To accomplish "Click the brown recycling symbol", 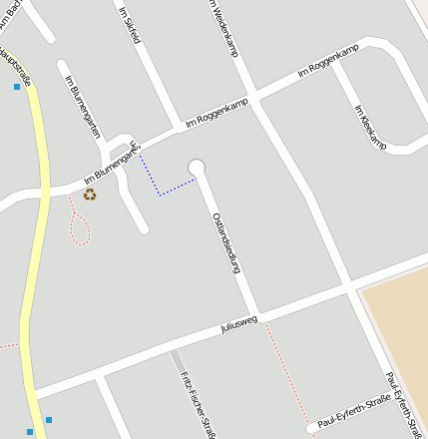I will point(90,195).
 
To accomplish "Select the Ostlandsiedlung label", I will point(227,244).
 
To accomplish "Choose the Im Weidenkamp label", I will point(221,27).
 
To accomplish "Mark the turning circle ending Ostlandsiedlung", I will point(197,168).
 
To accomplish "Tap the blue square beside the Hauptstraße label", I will point(17,88).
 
